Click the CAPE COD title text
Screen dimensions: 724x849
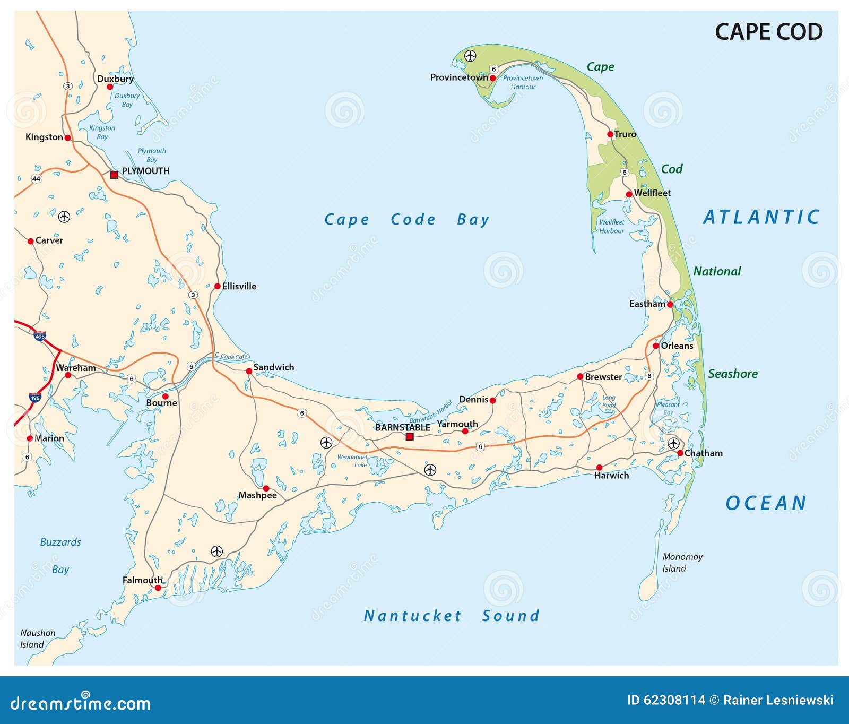coord(768,32)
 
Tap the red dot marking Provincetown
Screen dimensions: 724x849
coord(492,78)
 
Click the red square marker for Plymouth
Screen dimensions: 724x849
coord(114,174)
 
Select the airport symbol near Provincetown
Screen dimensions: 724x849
coord(470,55)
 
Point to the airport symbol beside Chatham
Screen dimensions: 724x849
coord(673,443)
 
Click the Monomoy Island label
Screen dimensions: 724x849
coord(682,562)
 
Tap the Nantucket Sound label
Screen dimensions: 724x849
coord(451,616)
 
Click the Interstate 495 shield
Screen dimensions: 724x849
coord(40,336)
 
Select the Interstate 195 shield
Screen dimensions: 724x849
coord(35,398)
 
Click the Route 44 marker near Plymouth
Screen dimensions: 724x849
coord(36,178)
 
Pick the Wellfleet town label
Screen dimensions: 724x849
coord(652,193)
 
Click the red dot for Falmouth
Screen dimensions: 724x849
coord(158,588)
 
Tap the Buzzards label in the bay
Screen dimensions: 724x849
coord(60,542)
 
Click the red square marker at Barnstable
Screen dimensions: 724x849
coord(410,436)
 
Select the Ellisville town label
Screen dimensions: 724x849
coord(239,286)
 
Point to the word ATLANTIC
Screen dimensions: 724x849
coord(761,217)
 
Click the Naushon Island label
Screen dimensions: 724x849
coord(37,639)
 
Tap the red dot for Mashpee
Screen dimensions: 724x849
coord(266,488)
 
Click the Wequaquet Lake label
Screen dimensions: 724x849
coord(353,461)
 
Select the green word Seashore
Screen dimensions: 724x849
coord(732,374)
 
